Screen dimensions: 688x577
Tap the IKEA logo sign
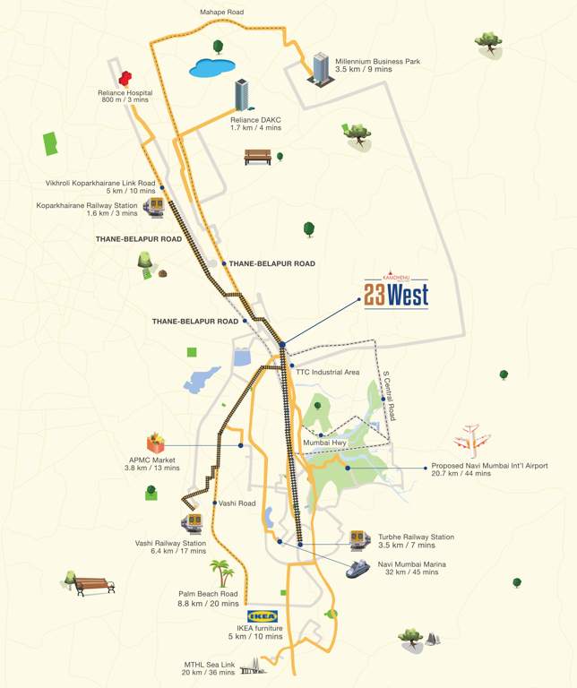tap(263, 616)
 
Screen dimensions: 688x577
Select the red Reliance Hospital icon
tap(125, 79)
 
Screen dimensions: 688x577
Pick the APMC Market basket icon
tap(157, 443)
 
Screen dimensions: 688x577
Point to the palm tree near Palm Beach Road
tap(221, 572)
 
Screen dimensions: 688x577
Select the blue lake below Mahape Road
tap(212, 67)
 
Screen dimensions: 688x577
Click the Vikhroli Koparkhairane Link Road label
tap(101, 183)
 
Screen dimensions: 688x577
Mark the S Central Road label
tap(389, 395)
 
